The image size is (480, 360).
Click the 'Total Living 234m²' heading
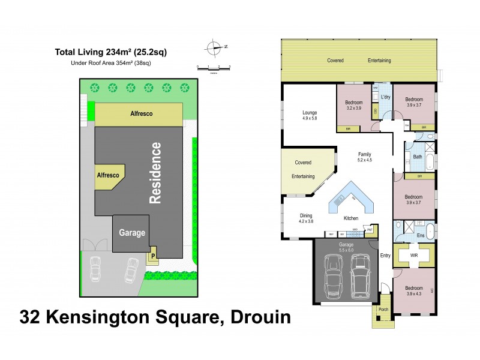point(111,52)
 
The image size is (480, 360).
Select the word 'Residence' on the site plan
point(155,173)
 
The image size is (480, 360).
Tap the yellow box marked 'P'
point(153,256)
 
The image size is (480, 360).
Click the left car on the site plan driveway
point(95,269)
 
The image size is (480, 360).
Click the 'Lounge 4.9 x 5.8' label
point(310,115)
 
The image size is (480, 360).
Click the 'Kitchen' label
point(351,218)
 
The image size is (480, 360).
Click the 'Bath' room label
point(418,158)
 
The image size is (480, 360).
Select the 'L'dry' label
point(386,97)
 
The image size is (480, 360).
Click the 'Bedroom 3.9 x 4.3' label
point(413,291)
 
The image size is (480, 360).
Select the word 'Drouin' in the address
point(255,316)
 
